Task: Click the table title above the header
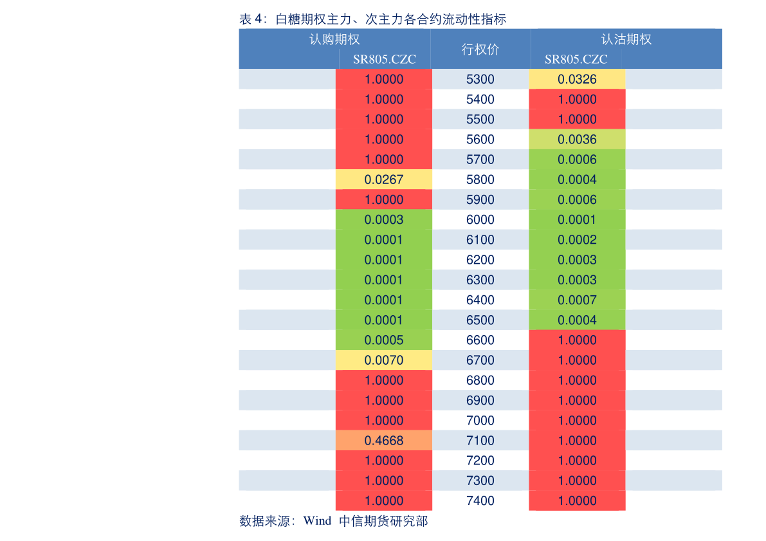click(372, 19)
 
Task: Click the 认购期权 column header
click(334, 39)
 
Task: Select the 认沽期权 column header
click(626, 39)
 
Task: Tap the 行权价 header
click(480, 50)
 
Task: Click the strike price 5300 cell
click(480, 79)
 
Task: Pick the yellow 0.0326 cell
click(577, 79)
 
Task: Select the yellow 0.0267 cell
click(383, 179)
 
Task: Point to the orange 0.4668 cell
click(383, 441)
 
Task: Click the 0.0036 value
click(577, 140)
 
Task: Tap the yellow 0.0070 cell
click(383, 360)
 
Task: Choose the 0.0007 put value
click(577, 300)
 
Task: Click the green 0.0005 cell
click(383, 340)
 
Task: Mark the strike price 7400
click(480, 500)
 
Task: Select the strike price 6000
click(480, 220)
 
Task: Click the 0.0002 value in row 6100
click(577, 240)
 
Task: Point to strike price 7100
click(480, 441)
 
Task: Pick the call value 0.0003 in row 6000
click(383, 220)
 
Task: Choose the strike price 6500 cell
click(480, 320)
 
